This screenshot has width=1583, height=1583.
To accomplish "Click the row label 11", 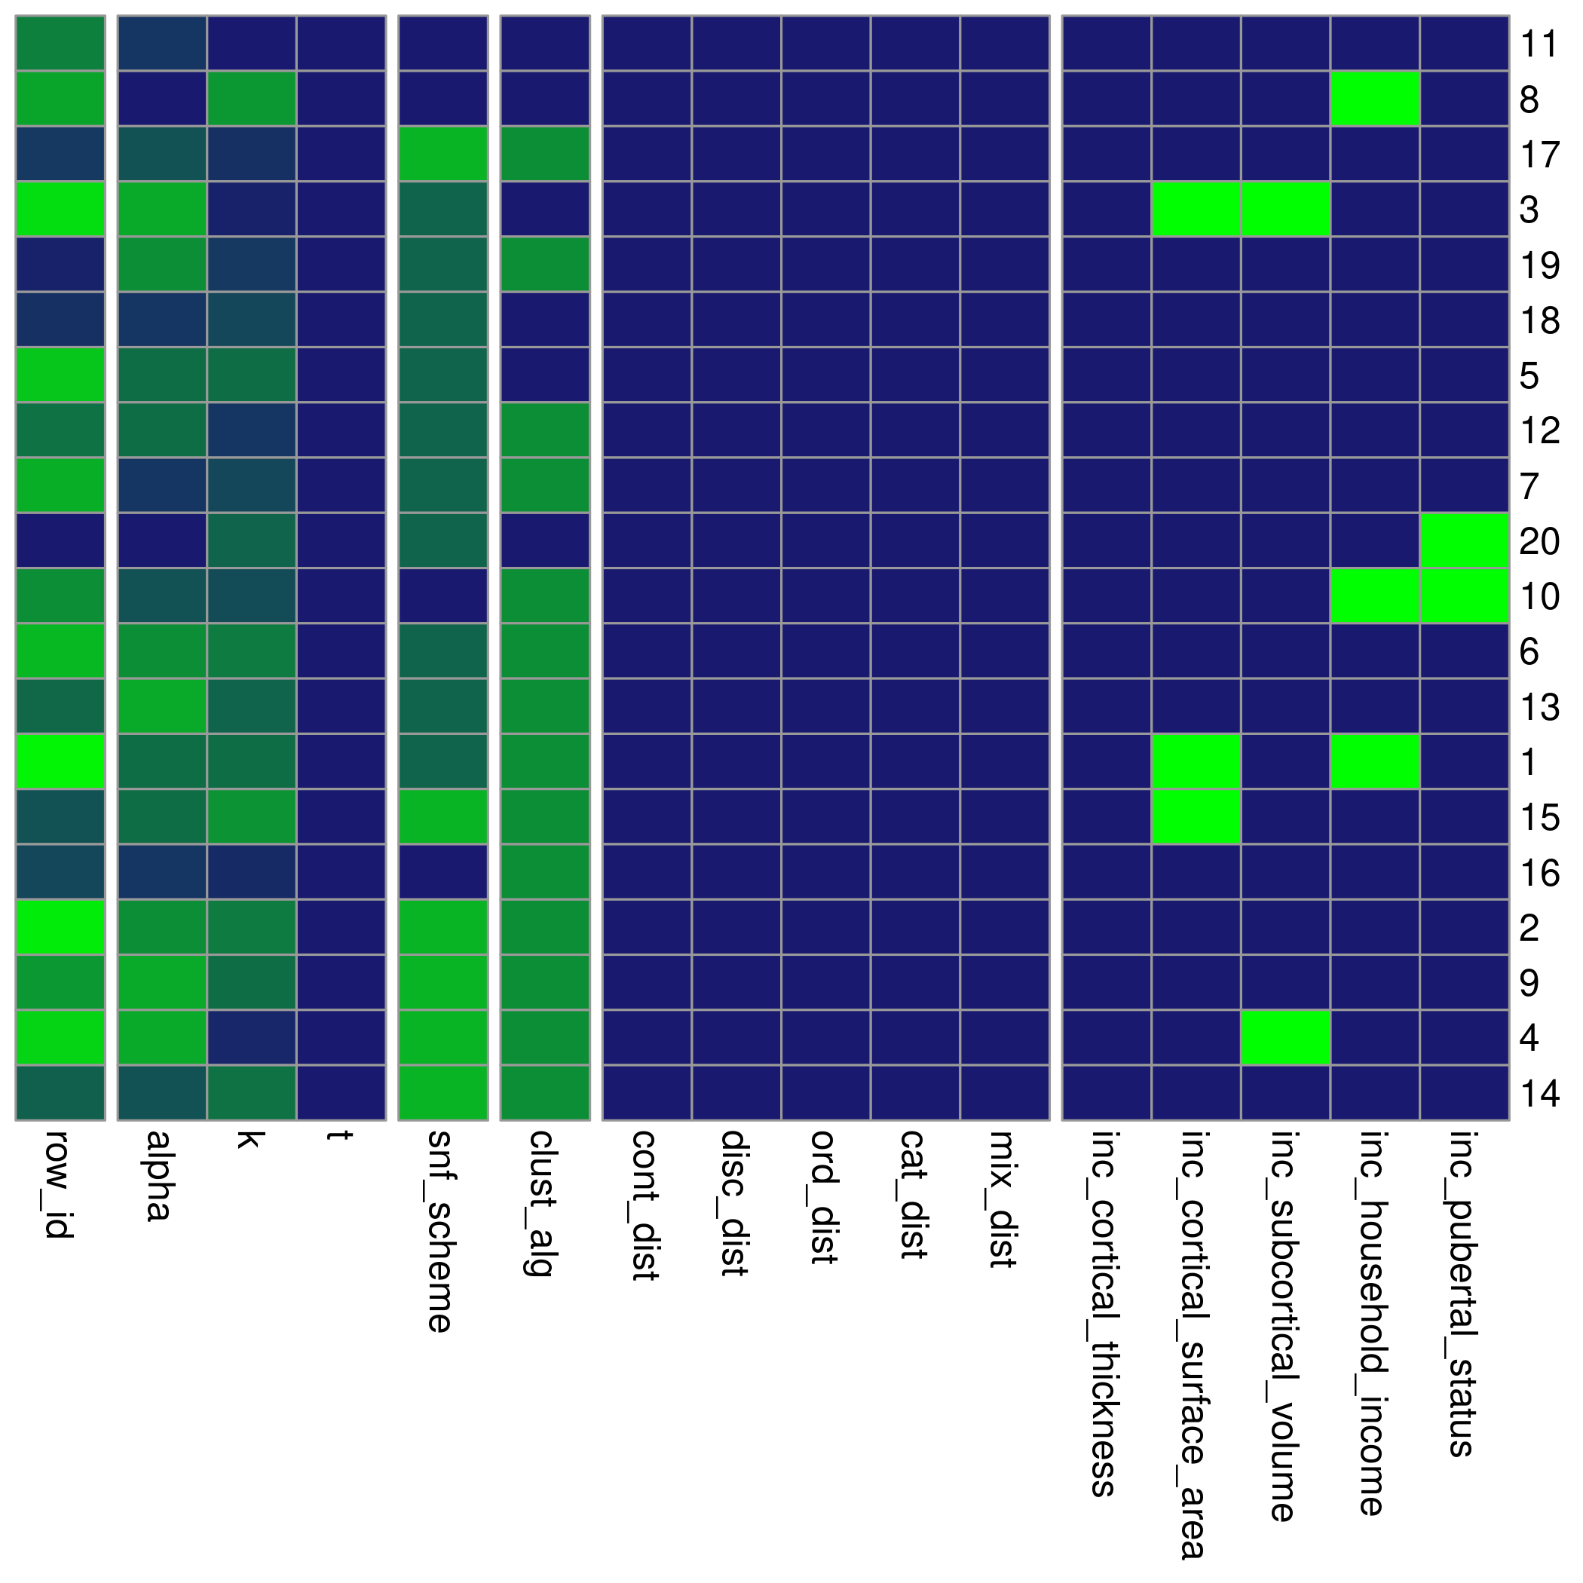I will click(1539, 44).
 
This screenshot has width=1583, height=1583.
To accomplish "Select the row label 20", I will click(1539, 541).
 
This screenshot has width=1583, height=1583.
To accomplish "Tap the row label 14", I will click(1539, 1094).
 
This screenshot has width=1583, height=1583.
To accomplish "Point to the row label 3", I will click(1529, 210).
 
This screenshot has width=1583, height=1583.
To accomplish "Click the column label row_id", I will click(60, 1184).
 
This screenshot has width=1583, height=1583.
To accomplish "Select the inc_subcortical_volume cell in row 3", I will click(1284, 210).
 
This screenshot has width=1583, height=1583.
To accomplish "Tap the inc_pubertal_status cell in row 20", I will click(1463, 541).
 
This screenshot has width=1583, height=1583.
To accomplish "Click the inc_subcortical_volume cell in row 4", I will click(1284, 1038).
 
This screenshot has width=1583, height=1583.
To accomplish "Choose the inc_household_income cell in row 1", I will click(1374, 762).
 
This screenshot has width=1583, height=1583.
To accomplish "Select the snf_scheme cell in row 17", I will click(442, 154).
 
